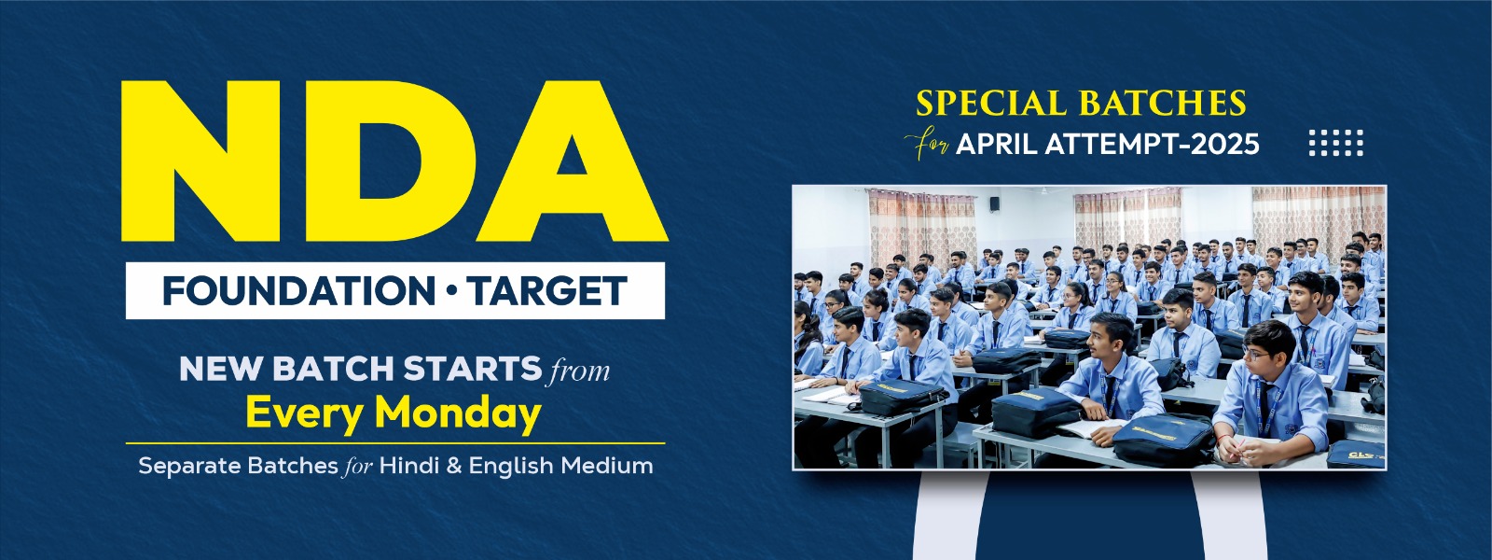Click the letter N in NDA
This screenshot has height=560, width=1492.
click(200, 161)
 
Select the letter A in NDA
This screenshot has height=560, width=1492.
click(573, 161)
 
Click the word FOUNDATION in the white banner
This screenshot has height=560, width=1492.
click(299, 290)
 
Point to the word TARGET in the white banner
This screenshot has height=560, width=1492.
click(546, 290)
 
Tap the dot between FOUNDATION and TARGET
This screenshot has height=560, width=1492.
click(451, 290)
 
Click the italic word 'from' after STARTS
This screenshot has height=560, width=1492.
click(577, 370)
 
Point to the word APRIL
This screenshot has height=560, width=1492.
click(997, 144)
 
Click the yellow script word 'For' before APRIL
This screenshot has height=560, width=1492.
click(927, 145)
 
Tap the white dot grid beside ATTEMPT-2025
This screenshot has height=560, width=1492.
click(1336, 143)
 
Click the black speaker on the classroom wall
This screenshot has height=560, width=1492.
click(994, 204)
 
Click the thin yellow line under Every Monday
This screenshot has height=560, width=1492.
click(395, 442)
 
